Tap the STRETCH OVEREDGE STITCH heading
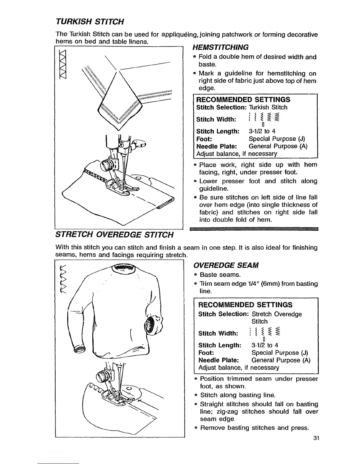[x=114, y=234]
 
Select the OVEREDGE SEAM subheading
[x=226, y=265]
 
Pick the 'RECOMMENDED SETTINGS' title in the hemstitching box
[x=243, y=99]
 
